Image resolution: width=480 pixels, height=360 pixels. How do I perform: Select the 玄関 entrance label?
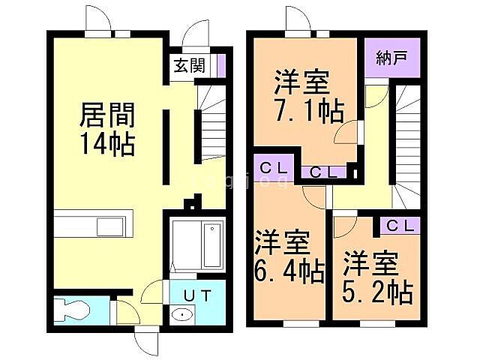click(190, 66)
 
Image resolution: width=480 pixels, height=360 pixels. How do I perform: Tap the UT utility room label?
click(197, 295)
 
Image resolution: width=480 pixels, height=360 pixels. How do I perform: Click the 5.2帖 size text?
click(379, 291)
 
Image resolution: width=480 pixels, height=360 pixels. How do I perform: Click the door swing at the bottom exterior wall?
click(146, 342)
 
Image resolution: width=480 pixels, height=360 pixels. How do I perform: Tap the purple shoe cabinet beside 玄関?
click(220, 66)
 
